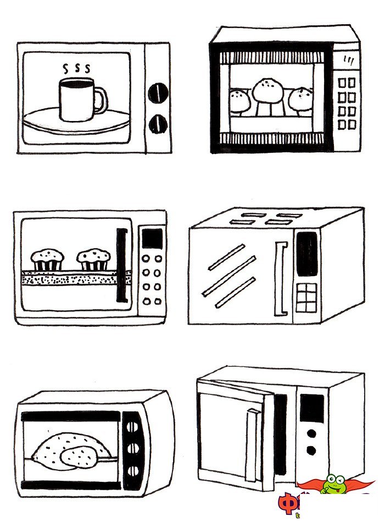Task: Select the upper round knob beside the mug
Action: coord(158,91)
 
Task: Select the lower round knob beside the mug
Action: coord(158,122)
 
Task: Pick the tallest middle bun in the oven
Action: coord(266,90)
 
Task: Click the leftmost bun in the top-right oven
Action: coord(239,100)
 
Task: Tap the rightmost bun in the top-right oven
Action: coord(300,99)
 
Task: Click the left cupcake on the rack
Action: coord(47,259)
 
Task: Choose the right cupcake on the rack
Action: coord(93,259)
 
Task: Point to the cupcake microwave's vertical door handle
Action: coord(121,265)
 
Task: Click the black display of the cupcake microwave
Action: coord(152,239)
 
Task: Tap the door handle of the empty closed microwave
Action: coord(280,278)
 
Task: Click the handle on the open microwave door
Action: coord(252,444)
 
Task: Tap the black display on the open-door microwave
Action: coord(312,409)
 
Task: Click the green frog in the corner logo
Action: coord(332,485)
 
